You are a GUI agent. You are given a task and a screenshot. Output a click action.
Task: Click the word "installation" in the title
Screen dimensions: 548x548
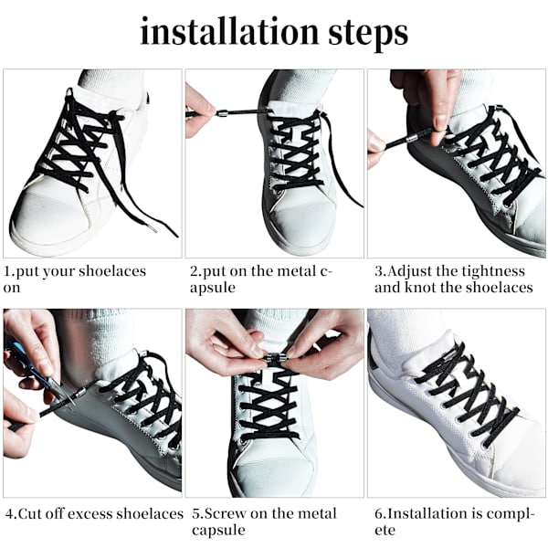[229, 32]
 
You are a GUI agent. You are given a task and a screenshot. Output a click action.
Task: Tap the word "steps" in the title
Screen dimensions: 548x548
[368, 35]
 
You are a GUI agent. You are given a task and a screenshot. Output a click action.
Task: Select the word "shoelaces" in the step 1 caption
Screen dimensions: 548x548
[112, 271]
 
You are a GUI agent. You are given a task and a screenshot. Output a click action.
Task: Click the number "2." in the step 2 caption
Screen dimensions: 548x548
[195, 271]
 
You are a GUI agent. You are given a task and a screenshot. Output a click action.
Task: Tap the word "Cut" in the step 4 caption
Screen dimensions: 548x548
[30, 514]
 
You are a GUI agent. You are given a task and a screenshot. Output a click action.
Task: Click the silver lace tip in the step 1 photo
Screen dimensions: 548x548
[153, 229]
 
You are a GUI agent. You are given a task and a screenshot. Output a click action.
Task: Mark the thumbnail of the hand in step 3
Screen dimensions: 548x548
[441, 121]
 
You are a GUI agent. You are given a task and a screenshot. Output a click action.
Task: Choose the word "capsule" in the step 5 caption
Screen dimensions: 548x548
[218, 531]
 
